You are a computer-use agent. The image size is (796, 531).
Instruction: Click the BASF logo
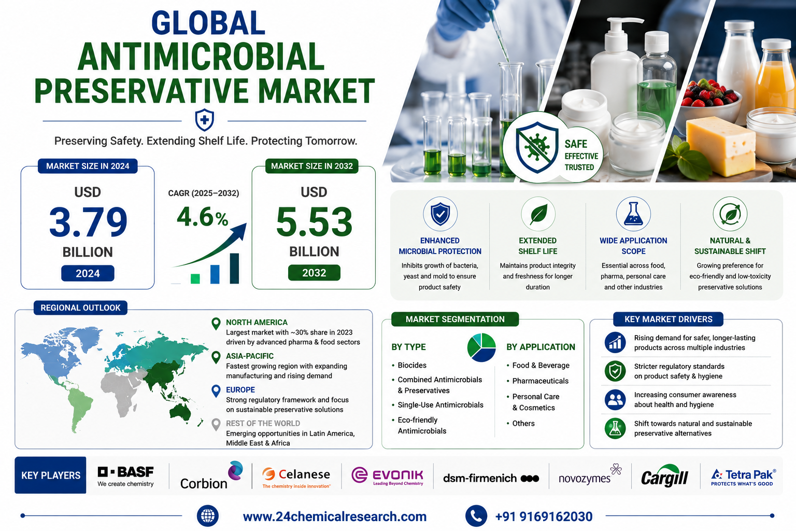[125, 476]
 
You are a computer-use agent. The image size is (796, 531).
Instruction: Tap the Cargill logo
[664, 476]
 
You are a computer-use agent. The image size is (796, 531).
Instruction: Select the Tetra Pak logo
[744, 477]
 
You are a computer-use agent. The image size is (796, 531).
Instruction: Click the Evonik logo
[387, 476]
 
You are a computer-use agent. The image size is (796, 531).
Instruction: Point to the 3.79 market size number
[88, 222]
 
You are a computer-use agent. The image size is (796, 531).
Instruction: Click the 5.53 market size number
[314, 222]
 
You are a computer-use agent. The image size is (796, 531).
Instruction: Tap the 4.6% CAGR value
[202, 217]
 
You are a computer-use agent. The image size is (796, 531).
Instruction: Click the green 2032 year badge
[314, 273]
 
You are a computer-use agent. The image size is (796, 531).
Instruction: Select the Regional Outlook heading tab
[81, 308]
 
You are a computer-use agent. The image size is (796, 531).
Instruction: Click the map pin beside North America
[216, 324]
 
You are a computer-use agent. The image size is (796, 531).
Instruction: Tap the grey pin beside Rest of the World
[216, 424]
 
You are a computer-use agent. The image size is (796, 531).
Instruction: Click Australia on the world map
[180, 413]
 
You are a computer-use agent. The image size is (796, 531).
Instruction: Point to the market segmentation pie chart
[481, 347]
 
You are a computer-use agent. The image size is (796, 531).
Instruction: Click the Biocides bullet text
[412, 365]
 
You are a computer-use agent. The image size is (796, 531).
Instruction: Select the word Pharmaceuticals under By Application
[540, 381]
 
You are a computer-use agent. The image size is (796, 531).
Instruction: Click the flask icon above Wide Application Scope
[633, 214]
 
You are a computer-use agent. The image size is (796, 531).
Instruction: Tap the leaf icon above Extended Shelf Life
[538, 214]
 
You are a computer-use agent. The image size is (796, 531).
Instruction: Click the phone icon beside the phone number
[476, 516]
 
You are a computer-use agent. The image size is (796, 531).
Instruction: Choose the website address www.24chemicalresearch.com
[335, 516]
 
